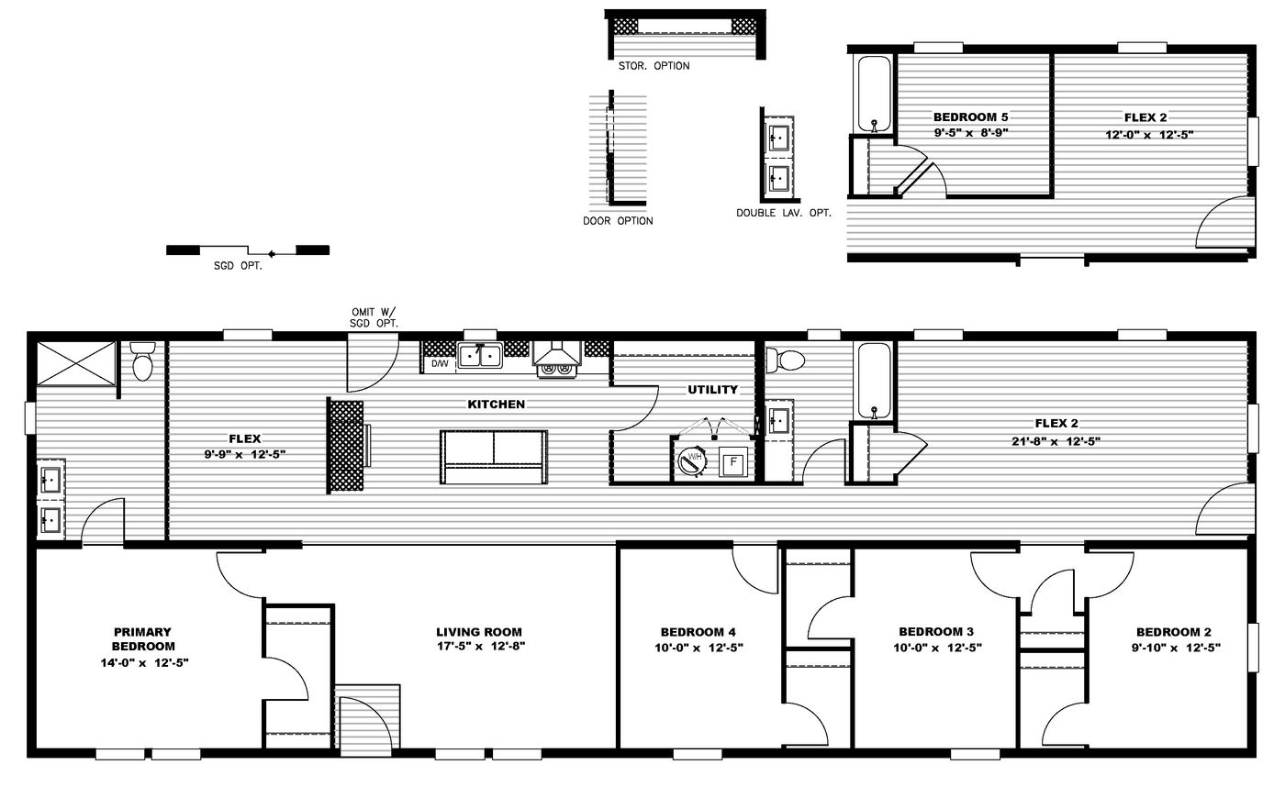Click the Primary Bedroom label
[x=143, y=638]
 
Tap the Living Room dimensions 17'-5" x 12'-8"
[x=478, y=647]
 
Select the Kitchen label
[x=497, y=405]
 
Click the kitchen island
[x=493, y=456]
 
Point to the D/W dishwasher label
[x=440, y=364]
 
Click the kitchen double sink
[x=479, y=354]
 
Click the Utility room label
[x=713, y=390]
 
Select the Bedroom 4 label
[x=698, y=632]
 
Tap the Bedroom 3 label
[x=935, y=632]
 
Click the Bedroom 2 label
[x=1173, y=632]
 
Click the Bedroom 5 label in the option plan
[x=970, y=117]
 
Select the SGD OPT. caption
[x=244, y=267]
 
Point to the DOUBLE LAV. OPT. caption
[x=783, y=213]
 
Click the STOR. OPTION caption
[x=654, y=66]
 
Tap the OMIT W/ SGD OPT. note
[x=374, y=317]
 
